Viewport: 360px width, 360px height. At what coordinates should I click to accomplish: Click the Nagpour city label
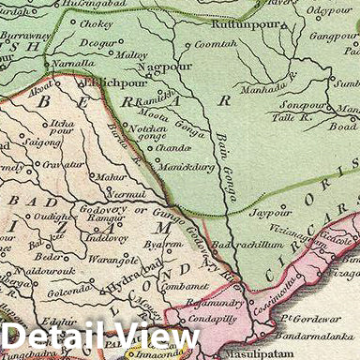coord(157,68)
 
